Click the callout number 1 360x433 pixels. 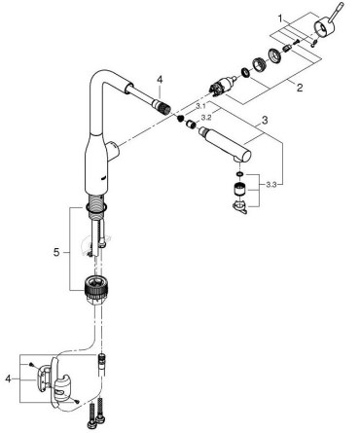point(280,18)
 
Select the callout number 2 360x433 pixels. point(299,87)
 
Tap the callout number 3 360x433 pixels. point(265,121)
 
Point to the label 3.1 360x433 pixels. point(200,106)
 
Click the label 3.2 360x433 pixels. point(206,118)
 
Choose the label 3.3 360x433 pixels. point(271,185)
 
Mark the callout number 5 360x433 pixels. point(56,252)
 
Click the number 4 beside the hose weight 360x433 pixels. point(9,379)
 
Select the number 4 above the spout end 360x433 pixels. point(160,80)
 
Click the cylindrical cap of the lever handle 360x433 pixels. point(322,27)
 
